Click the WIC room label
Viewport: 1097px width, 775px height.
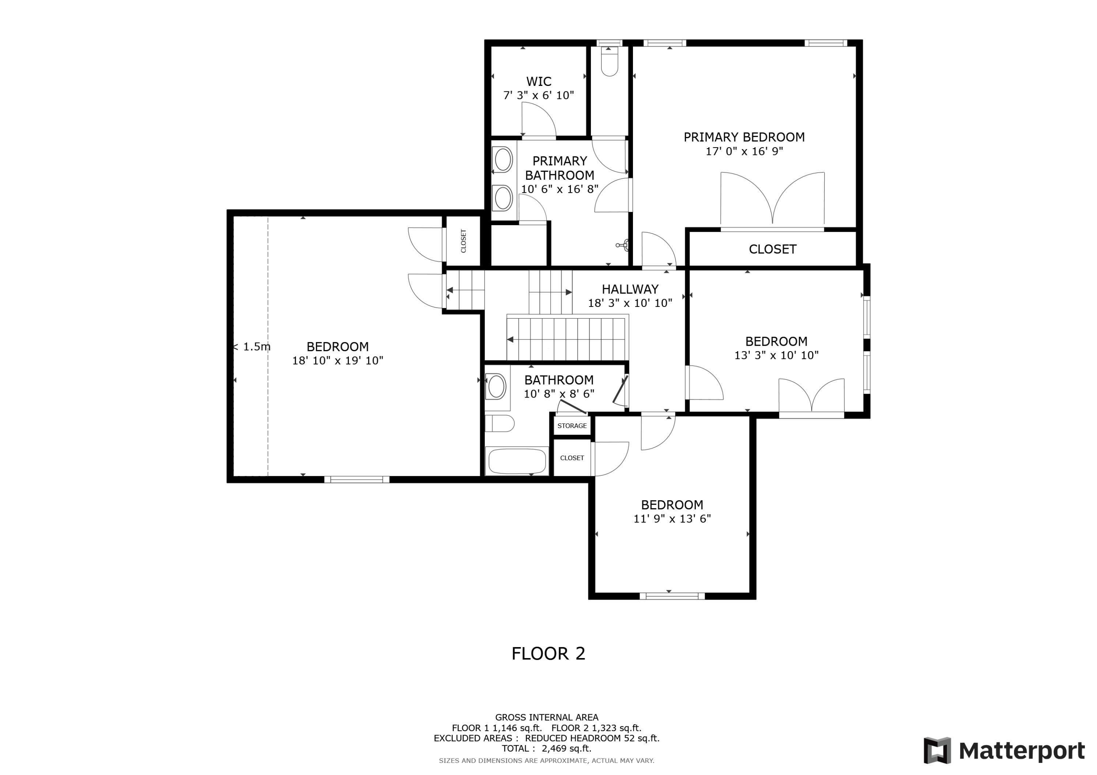click(x=539, y=81)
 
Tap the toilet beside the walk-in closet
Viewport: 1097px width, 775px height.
click(x=609, y=64)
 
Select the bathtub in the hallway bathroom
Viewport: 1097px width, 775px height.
click(x=516, y=461)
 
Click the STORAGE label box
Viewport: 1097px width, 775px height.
click(x=572, y=425)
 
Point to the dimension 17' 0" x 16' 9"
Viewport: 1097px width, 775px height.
click(x=744, y=151)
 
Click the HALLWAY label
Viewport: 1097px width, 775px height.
click(x=630, y=289)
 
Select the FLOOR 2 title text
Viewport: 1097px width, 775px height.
click(x=548, y=653)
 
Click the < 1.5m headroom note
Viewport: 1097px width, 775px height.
click(x=252, y=347)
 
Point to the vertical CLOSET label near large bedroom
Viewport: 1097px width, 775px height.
click(x=463, y=241)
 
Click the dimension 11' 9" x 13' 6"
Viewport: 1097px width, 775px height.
click(x=672, y=518)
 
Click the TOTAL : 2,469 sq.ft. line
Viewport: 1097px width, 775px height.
click(x=546, y=748)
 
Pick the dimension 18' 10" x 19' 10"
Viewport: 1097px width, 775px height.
click(x=337, y=361)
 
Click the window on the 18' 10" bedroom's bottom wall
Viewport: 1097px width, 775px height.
click(x=357, y=479)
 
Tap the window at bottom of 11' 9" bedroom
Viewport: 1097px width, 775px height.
click(x=672, y=596)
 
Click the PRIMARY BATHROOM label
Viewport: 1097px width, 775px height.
click(x=559, y=168)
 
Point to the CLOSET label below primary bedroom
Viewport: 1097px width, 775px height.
click(x=772, y=249)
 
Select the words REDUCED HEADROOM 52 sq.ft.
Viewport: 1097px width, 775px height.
click(x=592, y=738)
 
